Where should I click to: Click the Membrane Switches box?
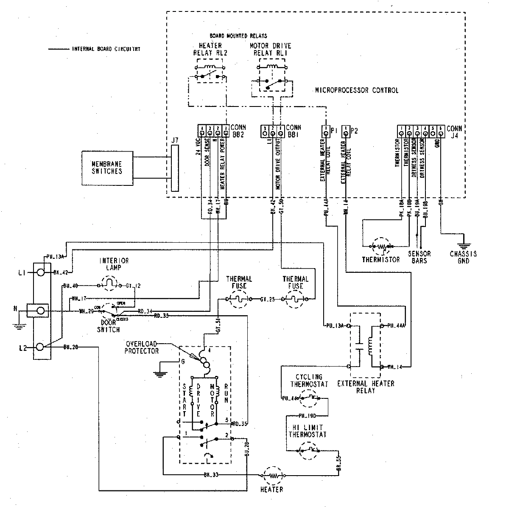[108, 168]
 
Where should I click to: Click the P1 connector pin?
[325, 133]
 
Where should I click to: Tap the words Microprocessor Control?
[356, 90]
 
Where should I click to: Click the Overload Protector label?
[142, 347]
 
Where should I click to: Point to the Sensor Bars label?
[420, 257]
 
